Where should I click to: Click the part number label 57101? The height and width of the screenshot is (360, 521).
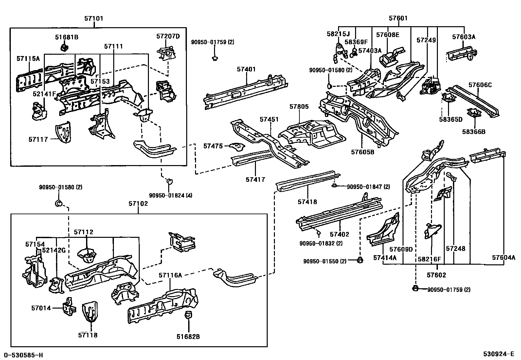(x=94, y=19)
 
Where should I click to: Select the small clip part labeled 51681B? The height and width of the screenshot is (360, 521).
(x=64, y=48)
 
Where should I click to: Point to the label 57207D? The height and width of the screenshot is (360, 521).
(x=168, y=36)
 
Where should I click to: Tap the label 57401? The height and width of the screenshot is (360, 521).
(x=246, y=69)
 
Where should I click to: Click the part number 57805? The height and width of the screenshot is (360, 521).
(x=299, y=107)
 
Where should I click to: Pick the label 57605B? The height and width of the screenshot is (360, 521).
(x=363, y=152)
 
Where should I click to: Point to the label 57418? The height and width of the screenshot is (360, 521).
(x=307, y=202)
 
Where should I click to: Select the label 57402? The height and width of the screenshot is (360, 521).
(x=339, y=234)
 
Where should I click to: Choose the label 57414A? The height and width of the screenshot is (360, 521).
(x=385, y=258)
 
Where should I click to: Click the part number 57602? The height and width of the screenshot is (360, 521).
(x=436, y=275)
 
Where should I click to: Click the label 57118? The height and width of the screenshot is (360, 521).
(x=88, y=335)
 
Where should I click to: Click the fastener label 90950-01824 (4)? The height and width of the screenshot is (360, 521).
(x=171, y=196)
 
